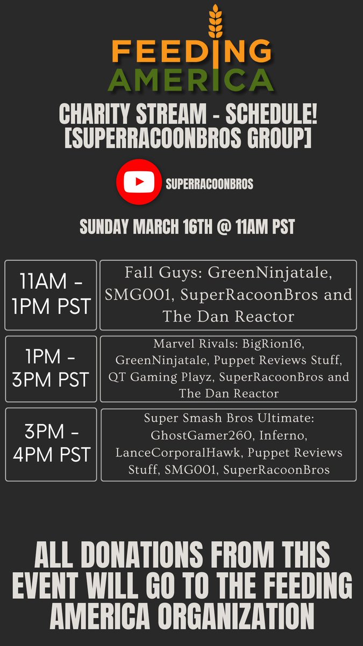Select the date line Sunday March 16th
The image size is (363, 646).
[187, 227]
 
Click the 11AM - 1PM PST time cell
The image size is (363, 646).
[51, 294]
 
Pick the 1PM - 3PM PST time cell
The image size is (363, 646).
[51, 369]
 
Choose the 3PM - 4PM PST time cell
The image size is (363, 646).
[51, 444]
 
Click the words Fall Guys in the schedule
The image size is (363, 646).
[148, 273]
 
